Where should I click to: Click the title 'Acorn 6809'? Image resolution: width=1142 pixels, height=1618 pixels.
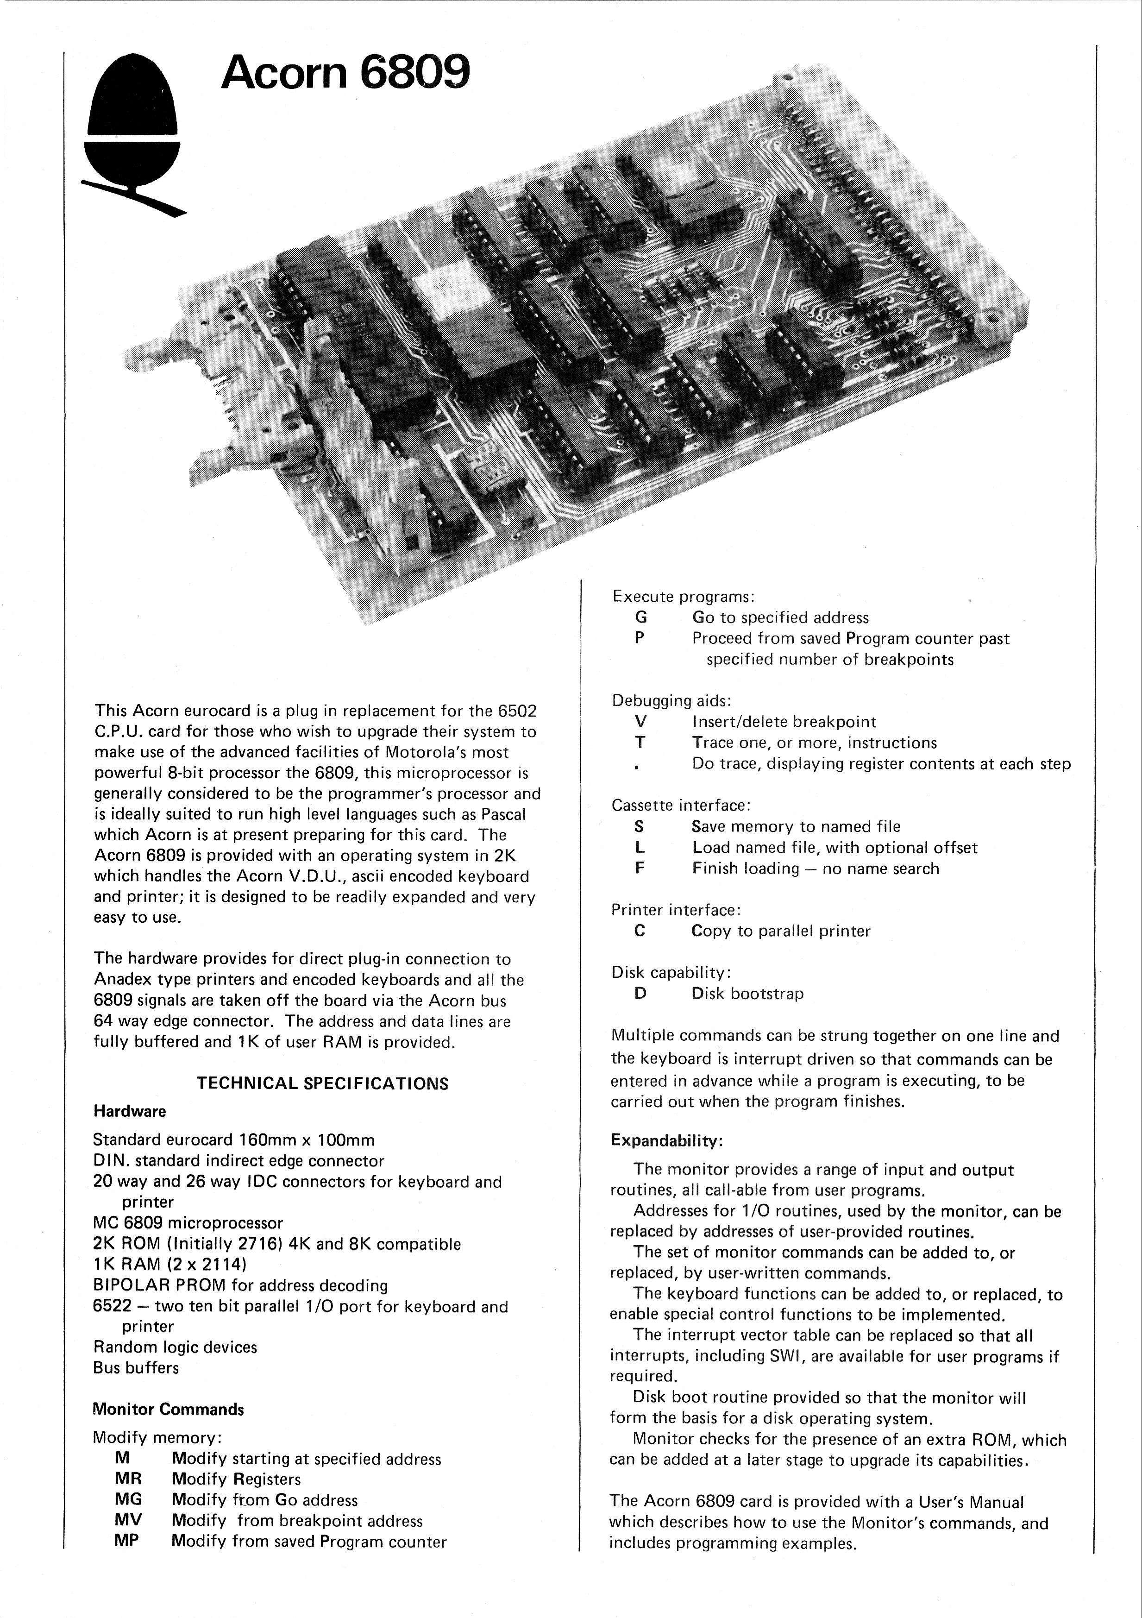(x=345, y=73)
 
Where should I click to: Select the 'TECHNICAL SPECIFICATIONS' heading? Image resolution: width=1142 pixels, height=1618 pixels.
(x=322, y=1083)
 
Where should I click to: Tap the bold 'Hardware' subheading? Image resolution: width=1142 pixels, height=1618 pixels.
(x=130, y=1111)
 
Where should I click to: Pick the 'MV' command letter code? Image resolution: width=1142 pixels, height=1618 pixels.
(x=127, y=1521)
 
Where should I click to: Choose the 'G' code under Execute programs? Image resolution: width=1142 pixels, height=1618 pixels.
(x=640, y=617)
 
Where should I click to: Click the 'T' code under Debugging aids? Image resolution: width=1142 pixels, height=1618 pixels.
(x=640, y=742)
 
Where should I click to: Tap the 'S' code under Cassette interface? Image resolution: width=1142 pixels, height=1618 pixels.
(x=639, y=826)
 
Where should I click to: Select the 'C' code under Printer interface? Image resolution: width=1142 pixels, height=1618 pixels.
(x=639, y=931)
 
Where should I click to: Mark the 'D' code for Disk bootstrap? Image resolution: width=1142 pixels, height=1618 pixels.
(x=640, y=994)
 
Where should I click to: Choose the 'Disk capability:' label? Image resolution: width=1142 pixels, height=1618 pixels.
(x=671, y=972)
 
